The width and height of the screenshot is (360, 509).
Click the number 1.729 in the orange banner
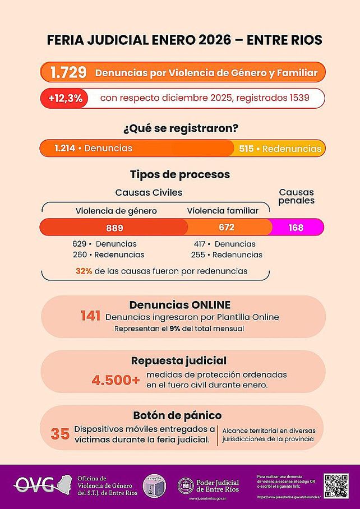coord(68,72)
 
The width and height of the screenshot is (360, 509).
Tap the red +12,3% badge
coord(65,98)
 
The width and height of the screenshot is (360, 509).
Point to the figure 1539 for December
coord(299,98)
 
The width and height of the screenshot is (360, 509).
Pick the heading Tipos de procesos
coord(180,174)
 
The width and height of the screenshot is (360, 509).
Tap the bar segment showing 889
coord(114,228)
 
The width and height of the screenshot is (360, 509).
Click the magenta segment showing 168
coord(297,228)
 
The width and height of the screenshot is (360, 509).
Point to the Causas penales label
coord(296,196)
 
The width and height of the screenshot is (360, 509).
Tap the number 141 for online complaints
coord(91,317)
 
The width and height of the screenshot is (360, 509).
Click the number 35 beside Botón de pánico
coord(60,434)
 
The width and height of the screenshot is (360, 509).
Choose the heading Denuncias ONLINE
coord(180,305)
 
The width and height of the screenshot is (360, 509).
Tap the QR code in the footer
coord(336,485)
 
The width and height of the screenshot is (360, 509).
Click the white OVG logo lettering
coord(35,483)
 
